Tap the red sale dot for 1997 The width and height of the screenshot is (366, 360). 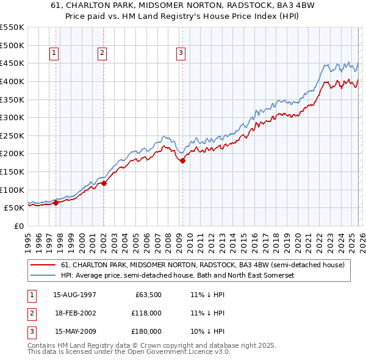click(56, 203)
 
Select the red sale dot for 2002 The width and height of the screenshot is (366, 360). click(104, 183)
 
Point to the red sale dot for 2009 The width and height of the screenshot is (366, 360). click(182, 160)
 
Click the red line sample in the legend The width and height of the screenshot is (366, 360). click(43, 265)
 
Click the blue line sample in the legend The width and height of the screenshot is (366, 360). click(43, 276)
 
